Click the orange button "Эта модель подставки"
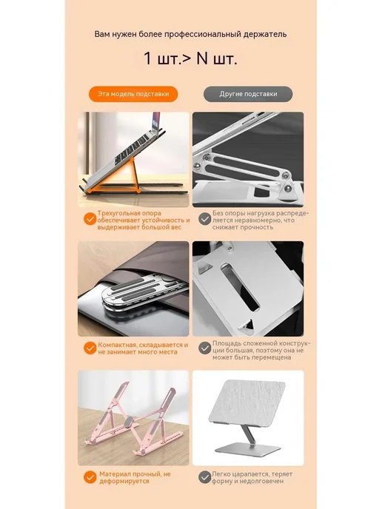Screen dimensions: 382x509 pyautogui.click(x=133, y=94)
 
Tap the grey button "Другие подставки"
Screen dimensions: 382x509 pyautogui.click(x=248, y=94)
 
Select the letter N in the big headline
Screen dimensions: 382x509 pyautogui.click(x=201, y=58)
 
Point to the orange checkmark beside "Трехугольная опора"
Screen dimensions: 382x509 pyautogui.click(x=90, y=219)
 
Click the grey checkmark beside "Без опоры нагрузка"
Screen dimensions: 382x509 pyautogui.click(x=204, y=219)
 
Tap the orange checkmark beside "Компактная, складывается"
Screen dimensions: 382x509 pyautogui.click(x=90, y=348)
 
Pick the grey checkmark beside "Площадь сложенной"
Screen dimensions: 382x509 pyautogui.click(x=204, y=348)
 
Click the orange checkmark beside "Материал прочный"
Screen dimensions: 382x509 pyautogui.click(x=90, y=477)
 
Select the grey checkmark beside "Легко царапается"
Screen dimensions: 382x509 pyautogui.click(x=204, y=477)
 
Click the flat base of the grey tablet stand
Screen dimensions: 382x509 pyautogui.click(x=248, y=449)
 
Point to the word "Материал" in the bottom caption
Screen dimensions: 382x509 pyautogui.click(x=114, y=474)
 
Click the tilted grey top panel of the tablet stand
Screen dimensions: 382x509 pyautogui.click(x=247, y=403)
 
